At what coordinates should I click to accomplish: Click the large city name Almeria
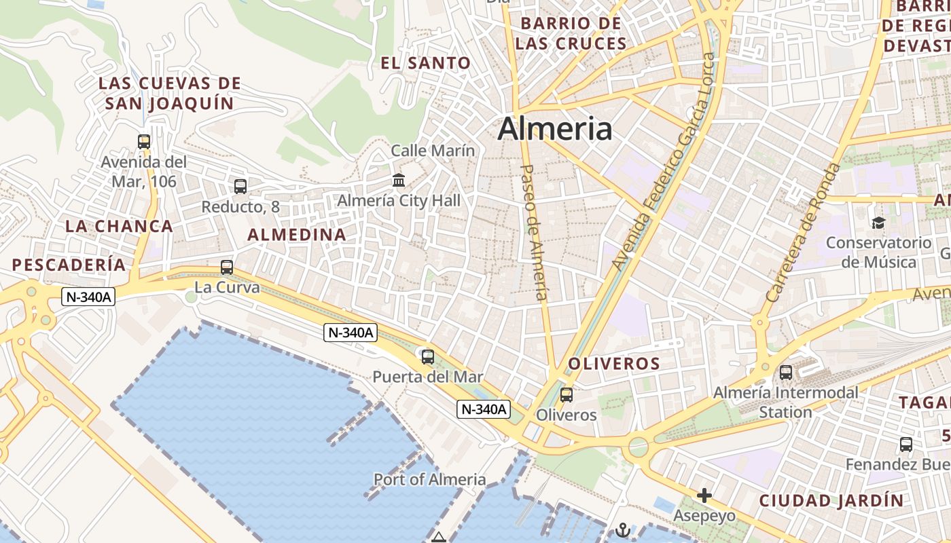(x=555, y=128)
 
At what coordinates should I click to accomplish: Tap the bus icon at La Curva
(x=227, y=267)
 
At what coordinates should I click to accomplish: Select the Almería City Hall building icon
(x=399, y=181)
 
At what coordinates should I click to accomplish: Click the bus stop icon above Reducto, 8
(x=240, y=186)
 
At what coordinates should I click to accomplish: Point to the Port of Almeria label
(x=430, y=480)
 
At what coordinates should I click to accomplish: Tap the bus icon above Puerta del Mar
(x=428, y=356)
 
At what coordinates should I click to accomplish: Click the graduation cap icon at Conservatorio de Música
(x=878, y=223)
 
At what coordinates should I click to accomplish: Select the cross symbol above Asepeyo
(x=704, y=495)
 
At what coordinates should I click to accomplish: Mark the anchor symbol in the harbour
(x=622, y=529)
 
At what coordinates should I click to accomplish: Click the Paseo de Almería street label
(x=533, y=231)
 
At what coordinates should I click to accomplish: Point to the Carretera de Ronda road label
(x=804, y=232)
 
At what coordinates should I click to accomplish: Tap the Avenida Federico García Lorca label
(x=660, y=170)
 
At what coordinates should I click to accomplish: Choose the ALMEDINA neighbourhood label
(x=297, y=235)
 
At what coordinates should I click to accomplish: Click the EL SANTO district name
(x=425, y=63)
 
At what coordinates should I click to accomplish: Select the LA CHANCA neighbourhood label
(x=120, y=226)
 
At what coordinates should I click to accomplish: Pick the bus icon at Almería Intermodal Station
(x=786, y=372)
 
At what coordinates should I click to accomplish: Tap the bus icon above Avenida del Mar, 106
(x=144, y=142)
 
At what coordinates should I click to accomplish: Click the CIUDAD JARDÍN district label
(x=831, y=501)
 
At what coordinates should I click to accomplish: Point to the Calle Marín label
(x=433, y=151)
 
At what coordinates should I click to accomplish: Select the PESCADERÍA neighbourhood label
(x=69, y=265)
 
